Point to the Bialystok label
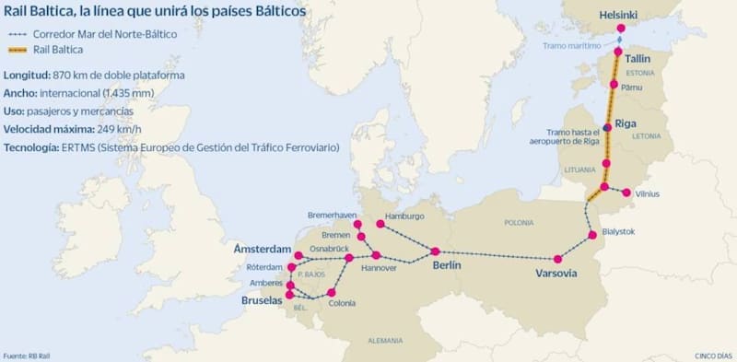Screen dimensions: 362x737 tap(617, 232)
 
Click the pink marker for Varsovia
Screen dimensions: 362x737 tap(557, 259)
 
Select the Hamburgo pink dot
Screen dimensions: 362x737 tap(380, 224)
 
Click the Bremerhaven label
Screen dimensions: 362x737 tap(331, 215)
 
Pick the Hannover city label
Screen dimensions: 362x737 tap(379, 268)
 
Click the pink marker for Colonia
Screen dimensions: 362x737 tap(332, 293)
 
